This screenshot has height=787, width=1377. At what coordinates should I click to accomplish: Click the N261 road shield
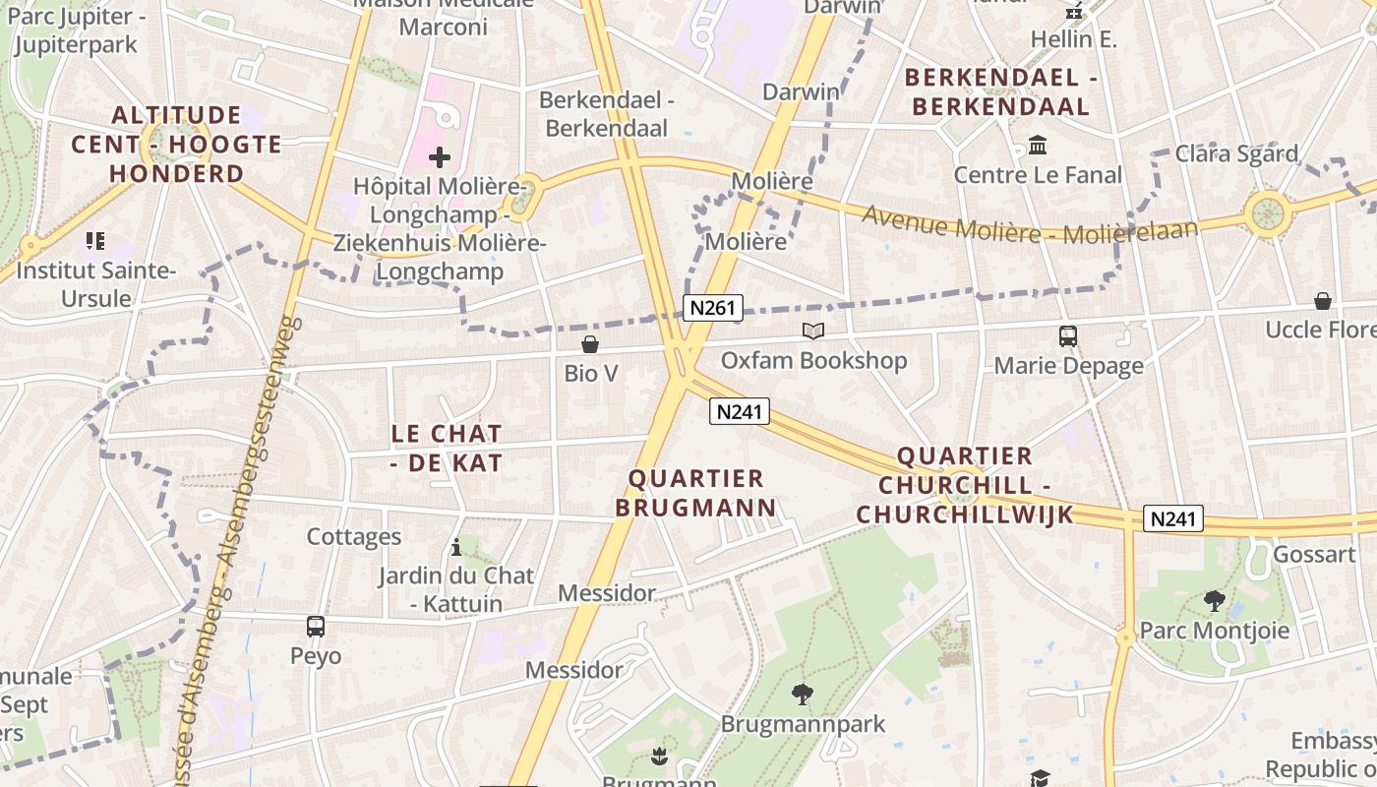tap(712, 308)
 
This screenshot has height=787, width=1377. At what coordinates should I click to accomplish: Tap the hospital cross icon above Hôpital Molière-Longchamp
tap(440, 156)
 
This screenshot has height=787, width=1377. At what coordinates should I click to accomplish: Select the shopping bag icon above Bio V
tap(590, 344)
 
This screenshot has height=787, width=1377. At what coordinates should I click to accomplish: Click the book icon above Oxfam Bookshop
tap(813, 332)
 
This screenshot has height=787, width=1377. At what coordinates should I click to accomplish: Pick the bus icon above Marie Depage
tap(1068, 336)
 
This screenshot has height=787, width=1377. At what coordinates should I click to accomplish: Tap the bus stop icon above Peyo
tap(316, 627)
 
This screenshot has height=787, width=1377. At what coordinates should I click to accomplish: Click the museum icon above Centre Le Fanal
tap(1038, 147)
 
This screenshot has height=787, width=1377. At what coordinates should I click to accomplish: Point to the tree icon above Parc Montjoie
tap(1215, 600)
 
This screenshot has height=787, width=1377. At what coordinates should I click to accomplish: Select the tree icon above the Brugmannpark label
tap(803, 695)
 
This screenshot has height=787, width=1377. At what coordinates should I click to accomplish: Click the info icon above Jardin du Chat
tap(456, 547)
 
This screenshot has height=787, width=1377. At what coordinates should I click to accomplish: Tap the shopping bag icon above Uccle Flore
tap(1323, 301)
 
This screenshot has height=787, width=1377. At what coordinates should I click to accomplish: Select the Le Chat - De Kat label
tap(447, 448)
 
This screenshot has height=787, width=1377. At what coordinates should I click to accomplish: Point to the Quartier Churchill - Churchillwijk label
tap(964, 485)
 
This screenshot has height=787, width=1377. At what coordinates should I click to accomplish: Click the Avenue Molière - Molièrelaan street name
tap(1030, 227)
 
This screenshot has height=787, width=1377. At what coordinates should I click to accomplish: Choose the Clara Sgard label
tap(1236, 153)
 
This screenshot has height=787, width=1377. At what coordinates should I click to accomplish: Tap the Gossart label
tap(1314, 554)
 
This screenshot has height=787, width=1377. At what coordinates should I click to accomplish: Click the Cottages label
tap(354, 536)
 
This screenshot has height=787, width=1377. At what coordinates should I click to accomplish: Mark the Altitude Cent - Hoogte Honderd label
tap(176, 145)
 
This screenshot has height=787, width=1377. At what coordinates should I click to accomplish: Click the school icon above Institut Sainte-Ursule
tap(95, 240)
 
